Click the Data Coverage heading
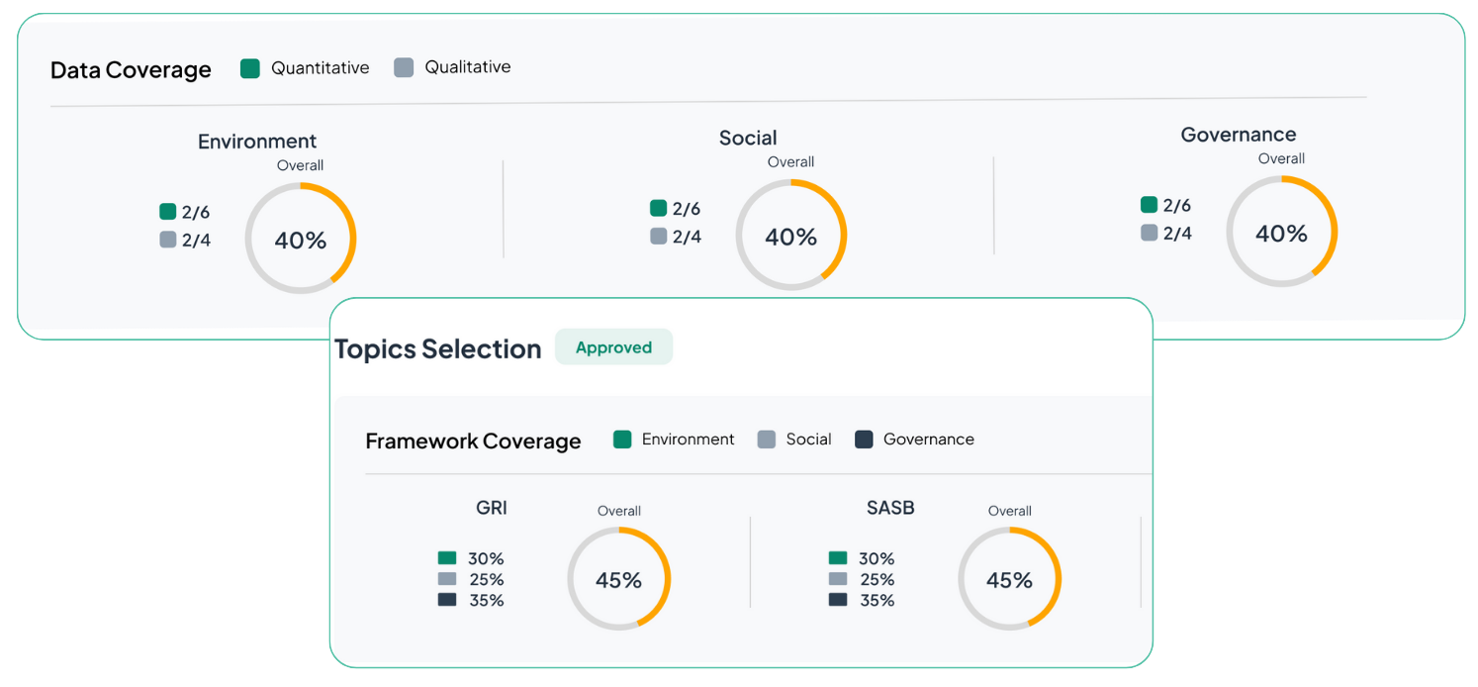pyautogui.click(x=131, y=70)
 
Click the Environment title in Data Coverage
pyautogui.click(x=257, y=142)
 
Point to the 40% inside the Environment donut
pyautogui.click(x=301, y=241)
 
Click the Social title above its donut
pyautogui.click(x=748, y=139)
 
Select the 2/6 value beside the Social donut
pyautogui.click(x=686, y=209)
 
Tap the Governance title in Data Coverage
pyautogui.click(x=1238, y=135)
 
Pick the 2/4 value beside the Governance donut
pyautogui.click(x=1176, y=234)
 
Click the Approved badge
pyautogui.click(x=613, y=347)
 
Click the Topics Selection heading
pyautogui.click(x=438, y=349)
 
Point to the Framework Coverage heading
pyautogui.click(x=473, y=442)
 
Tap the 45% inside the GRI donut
pyautogui.click(x=619, y=580)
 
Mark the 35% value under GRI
pyautogui.click(x=486, y=601)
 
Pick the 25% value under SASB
pyautogui.click(x=877, y=580)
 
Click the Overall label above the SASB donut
pyautogui.click(x=1009, y=512)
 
